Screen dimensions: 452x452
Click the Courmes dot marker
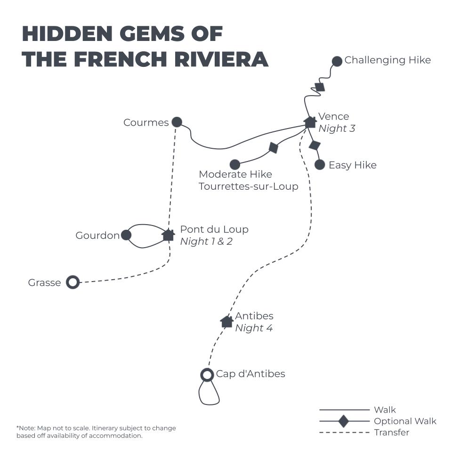coord(177,122)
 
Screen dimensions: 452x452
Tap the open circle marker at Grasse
coord(73,282)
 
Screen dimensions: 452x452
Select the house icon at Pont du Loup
coord(169,235)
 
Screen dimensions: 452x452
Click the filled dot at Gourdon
coord(126,235)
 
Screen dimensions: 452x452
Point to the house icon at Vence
coord(310,122)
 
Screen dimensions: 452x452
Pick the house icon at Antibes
coord(227,322)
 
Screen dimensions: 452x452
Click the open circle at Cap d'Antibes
coord(207,375)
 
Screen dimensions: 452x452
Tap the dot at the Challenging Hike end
coord(337,61)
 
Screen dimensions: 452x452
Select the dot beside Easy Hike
coord(320,165)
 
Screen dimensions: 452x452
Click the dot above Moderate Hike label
coord(235,165)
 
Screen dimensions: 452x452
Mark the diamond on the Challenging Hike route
coord(320,87)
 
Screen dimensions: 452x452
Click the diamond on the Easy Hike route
coord(315,145)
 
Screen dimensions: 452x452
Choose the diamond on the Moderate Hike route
coord(273,147)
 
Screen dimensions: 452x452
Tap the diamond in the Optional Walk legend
coord(344,421)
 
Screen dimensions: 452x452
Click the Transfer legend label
coord(391,432)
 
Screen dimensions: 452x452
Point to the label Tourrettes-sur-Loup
coord(249,186)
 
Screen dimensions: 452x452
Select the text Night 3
coord(337,128)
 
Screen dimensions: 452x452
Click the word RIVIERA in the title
coord(221,59)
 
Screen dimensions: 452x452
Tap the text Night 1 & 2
coord(206,241)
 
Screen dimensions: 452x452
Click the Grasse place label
coord(44,282)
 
